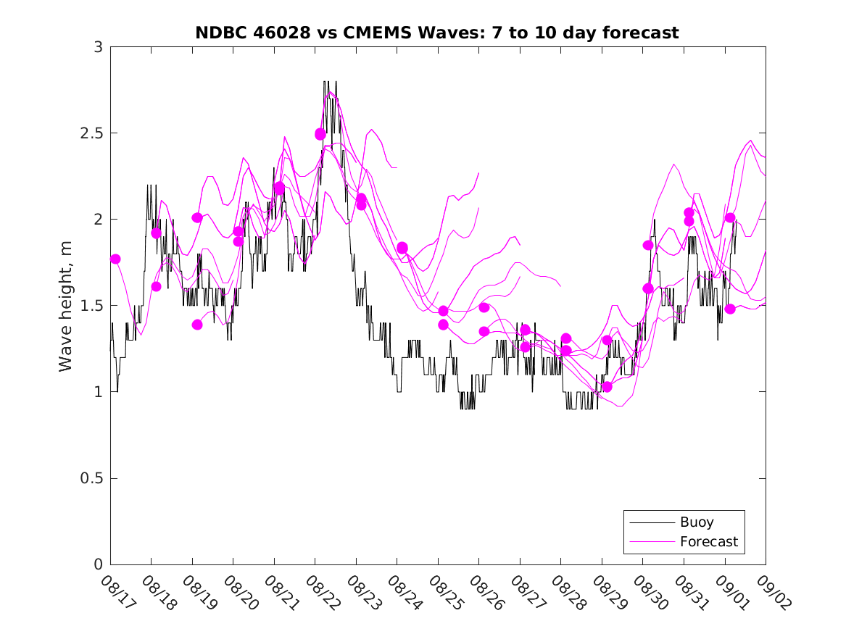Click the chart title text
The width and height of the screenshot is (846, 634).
point(437,33)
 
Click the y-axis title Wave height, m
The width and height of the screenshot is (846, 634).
point(66,305)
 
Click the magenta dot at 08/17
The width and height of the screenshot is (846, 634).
point(115,259)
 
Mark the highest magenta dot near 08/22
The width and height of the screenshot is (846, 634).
point(320,134)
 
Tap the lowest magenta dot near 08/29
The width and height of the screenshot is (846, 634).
point(607,387)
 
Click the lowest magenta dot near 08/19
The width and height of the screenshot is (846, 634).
point(197,325)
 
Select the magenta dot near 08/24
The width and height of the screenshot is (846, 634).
point(402,248)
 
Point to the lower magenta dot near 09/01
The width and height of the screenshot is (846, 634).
point(730,309)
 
